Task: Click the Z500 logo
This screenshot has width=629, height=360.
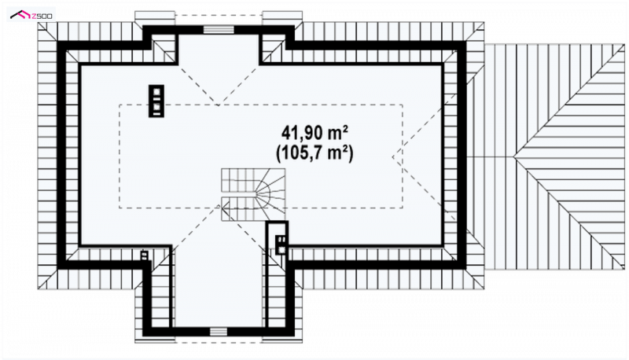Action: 31,16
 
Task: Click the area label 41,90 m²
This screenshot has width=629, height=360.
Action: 314,133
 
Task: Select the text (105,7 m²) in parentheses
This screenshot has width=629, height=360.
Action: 314,152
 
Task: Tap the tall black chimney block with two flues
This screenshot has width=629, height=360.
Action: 156,101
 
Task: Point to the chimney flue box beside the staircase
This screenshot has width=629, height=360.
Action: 281,245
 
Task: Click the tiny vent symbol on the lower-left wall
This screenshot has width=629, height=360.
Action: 145,255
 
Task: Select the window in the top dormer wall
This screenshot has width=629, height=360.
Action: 219,30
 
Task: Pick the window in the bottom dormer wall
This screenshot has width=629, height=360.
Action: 219,331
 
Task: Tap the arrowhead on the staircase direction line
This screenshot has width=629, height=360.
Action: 225,208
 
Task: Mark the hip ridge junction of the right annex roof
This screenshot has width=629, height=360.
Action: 515,156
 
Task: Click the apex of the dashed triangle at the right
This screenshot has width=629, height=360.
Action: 392,156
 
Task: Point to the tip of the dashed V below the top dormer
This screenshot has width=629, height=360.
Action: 218,105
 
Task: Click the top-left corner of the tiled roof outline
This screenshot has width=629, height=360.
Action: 38,23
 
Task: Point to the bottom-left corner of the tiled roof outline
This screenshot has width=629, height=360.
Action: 38,288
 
